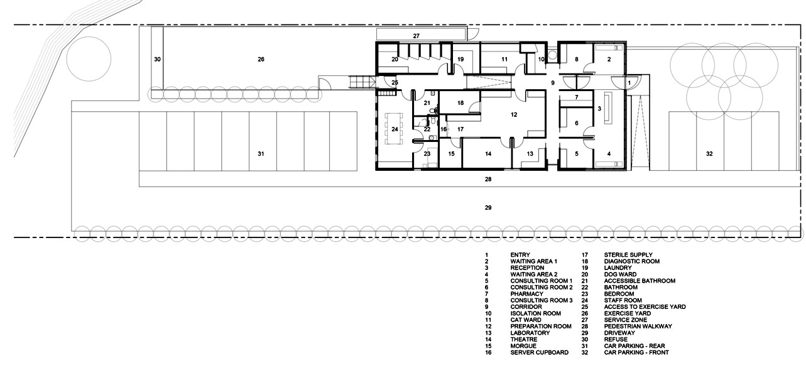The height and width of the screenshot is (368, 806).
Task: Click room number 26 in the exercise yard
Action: [x=261, y=60]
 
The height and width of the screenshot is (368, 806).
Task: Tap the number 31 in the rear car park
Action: [x=261, y=154]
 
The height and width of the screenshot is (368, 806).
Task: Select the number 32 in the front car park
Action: [x=709, y=154]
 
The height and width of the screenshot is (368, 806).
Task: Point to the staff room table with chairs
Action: [x=395, y=128]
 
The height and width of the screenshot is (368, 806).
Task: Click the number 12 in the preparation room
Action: [x=514, y=115]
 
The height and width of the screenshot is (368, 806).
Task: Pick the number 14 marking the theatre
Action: [x=488, y=154]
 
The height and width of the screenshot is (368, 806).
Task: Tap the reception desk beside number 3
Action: [x=608, y=108]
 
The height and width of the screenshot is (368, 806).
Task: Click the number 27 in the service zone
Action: [x=417, y=36]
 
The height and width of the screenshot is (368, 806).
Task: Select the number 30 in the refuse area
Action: [x=157, y=60]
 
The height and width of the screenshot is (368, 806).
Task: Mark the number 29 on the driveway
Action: [x=488, y=208]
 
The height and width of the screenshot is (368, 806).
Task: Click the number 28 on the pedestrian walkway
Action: [x=488, y=179]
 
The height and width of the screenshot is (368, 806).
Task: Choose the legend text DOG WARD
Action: [x=620, y=274]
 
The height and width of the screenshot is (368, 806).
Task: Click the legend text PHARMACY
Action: [x=527, y=294]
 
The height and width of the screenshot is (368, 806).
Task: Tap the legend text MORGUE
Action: [x=523, y=345]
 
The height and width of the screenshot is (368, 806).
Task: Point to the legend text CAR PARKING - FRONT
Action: [x=636, y=352]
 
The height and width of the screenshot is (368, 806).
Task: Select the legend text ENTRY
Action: [x=520, y=255]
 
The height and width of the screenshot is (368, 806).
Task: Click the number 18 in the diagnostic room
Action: [x=460, y=103]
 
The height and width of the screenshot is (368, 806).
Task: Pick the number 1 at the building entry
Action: [x=629, y=83]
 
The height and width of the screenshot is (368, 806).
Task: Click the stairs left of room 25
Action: [x=362, y=82]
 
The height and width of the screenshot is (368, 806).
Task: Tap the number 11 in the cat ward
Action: [x=504, y=60]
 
